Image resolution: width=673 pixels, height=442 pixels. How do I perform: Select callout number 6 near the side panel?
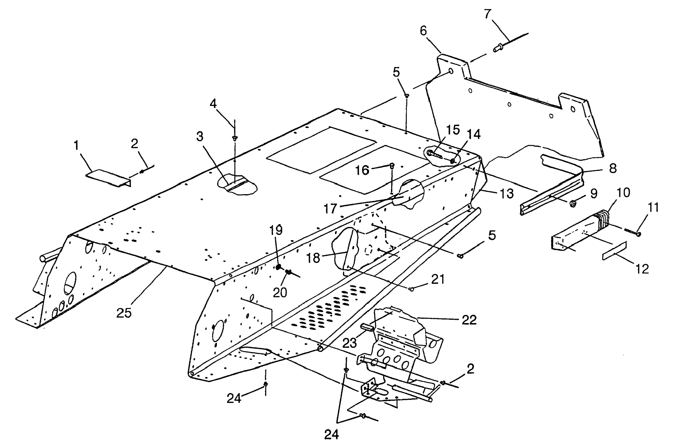423,31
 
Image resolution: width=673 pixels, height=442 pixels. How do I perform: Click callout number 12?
642,269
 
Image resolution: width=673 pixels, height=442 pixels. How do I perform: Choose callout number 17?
330,209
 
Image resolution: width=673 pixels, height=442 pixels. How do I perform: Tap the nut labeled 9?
572,203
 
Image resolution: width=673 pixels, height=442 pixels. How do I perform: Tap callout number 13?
507,194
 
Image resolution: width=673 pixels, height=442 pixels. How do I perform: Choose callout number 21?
438,279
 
